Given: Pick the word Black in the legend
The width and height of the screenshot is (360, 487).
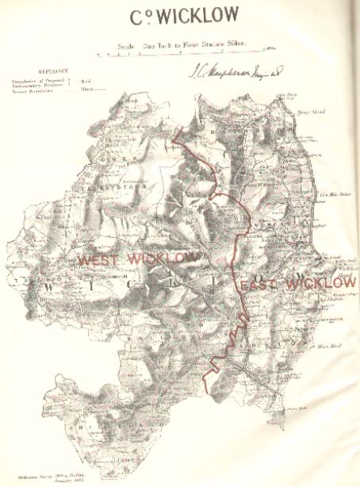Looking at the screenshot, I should [86, 90].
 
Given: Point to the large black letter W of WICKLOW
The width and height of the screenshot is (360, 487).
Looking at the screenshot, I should [54, 282].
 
